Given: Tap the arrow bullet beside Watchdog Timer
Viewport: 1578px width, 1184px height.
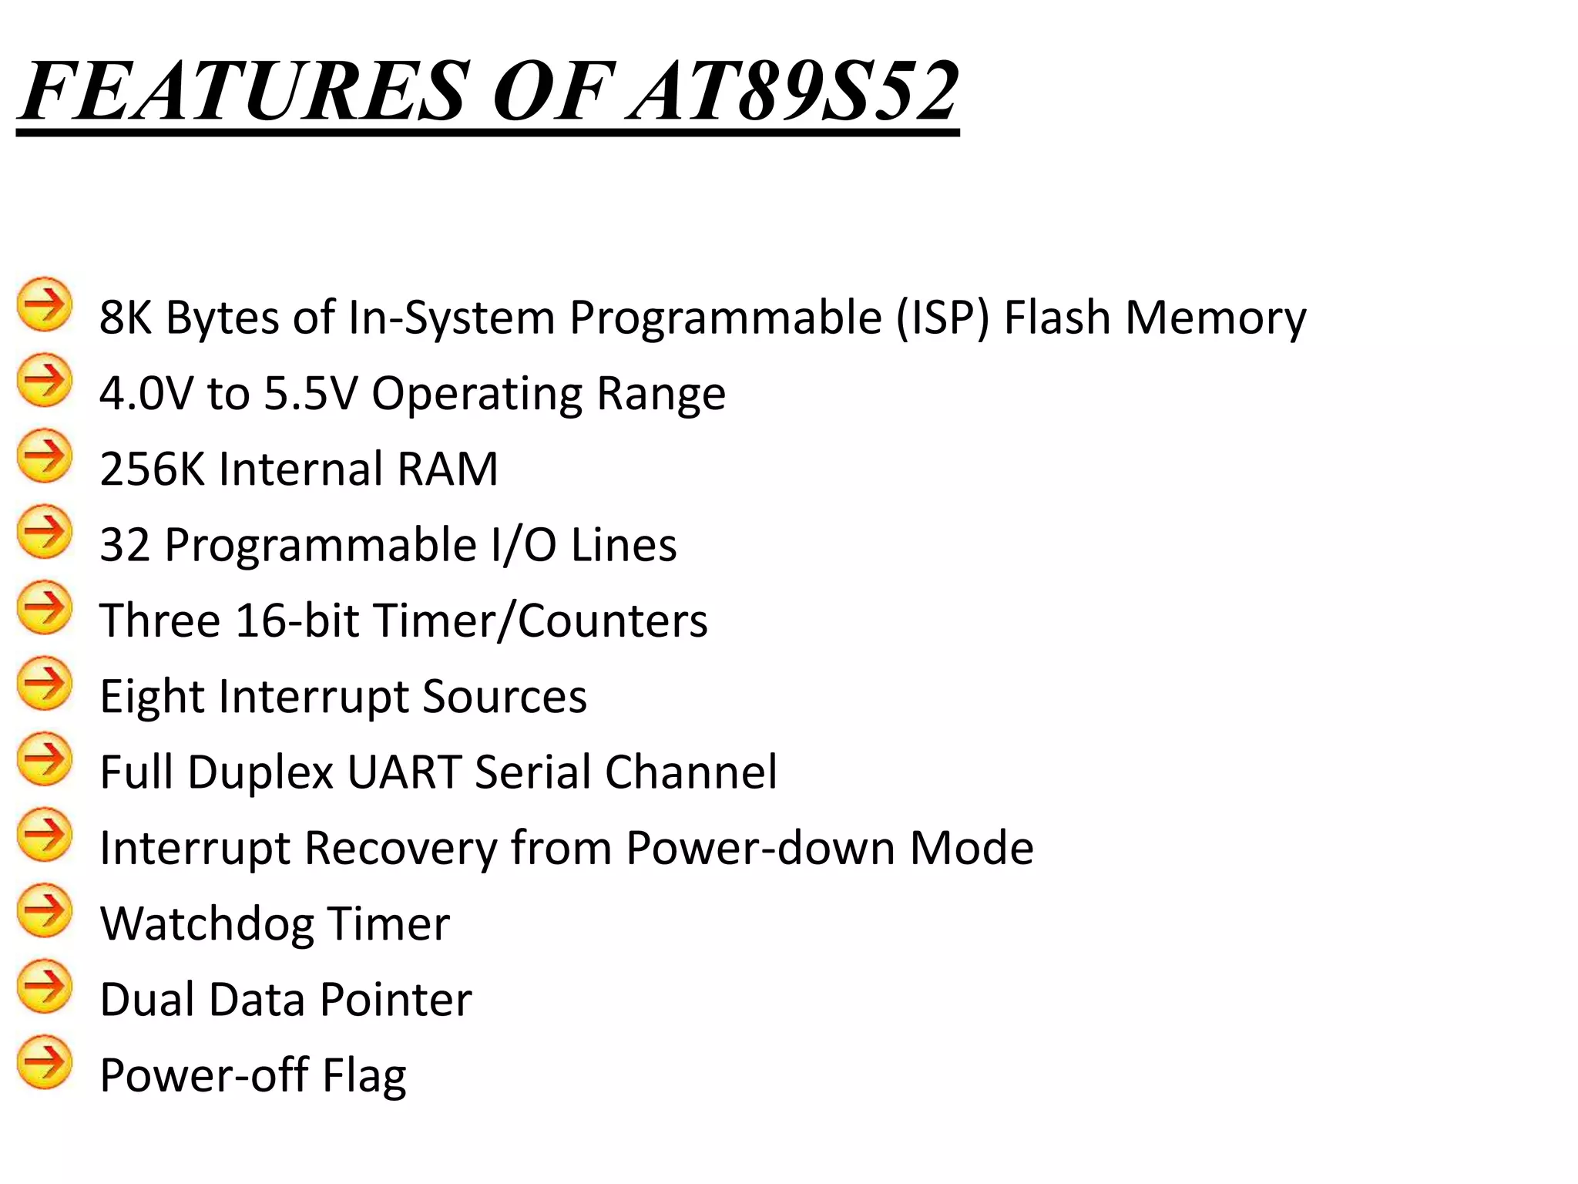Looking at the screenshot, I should (x=45, y=911).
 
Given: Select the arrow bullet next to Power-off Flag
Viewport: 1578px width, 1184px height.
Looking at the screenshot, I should (x=45, y=1062).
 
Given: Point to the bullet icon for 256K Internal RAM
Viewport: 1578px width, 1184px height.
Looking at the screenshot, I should (x=45, y=456).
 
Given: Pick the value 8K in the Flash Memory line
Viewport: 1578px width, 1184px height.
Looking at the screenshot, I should (x=126, y=318).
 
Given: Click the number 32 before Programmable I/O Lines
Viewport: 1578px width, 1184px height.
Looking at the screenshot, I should (x=125, y=544).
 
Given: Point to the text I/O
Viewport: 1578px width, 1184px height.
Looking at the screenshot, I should (x=523, y=544).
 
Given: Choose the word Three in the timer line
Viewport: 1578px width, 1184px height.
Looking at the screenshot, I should (x=160, y=621).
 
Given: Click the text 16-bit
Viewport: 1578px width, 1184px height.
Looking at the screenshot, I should (x=297, y=621).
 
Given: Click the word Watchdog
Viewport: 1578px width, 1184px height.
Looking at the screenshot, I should (x=207, y=923).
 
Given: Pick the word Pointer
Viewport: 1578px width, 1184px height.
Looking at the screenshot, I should (x=395, y=999).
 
